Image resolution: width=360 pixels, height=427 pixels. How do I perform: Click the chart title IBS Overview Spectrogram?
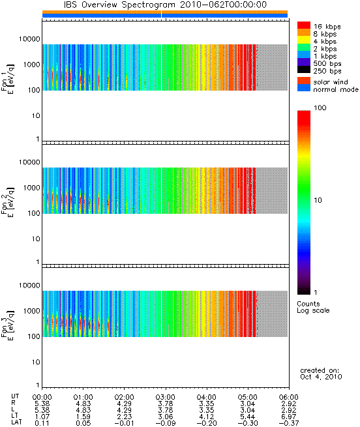pyautogui.click(x=119, y=5)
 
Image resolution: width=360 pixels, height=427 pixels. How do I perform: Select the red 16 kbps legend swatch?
pyautogui.click(x=304, y=25)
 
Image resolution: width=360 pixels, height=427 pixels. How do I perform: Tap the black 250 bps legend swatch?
pyautogui.click(x=304, y=70)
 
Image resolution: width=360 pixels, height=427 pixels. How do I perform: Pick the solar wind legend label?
pyautogui.click(x=331, y=82)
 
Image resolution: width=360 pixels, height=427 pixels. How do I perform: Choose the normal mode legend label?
pyautogui.click(x=336, y=89)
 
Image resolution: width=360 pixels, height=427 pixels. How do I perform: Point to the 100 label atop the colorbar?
pyautogui.click(x=320, y=108)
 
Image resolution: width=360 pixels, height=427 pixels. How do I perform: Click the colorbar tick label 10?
pyautogui.click(x=318, y=200)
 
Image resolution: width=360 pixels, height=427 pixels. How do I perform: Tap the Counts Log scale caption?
pyautogui.click(x=313, y=307)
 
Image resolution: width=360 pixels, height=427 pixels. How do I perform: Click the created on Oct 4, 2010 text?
pyautogui.click(x=321, y=374)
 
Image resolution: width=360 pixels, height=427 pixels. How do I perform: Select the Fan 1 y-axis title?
pyautogui.click(x=7, y=79)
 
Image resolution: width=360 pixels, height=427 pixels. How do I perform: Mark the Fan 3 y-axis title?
pyautogui.click(x=7, y=325)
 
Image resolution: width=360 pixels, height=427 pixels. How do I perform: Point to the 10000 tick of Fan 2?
pyautogui.click(x=29, y=162)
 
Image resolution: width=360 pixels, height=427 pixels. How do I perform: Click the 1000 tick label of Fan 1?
pyautogui.click(x=31, y=65)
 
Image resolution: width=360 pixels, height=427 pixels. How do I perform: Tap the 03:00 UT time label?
pyautogui.click(x=166, y=397)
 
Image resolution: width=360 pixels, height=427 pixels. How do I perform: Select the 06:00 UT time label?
pyautogui.click(x=289, y=397)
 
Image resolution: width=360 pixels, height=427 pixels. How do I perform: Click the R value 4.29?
pyautogui.click(x=125, y=404)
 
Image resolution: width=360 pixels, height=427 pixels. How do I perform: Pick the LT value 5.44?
pyautogui.click(x=248, y=417)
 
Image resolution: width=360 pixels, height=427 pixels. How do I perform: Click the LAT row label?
pyautogui.click(x=16, y=422)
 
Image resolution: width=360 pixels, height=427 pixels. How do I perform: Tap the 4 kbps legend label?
pyautogui.click(x=325, y=41)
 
